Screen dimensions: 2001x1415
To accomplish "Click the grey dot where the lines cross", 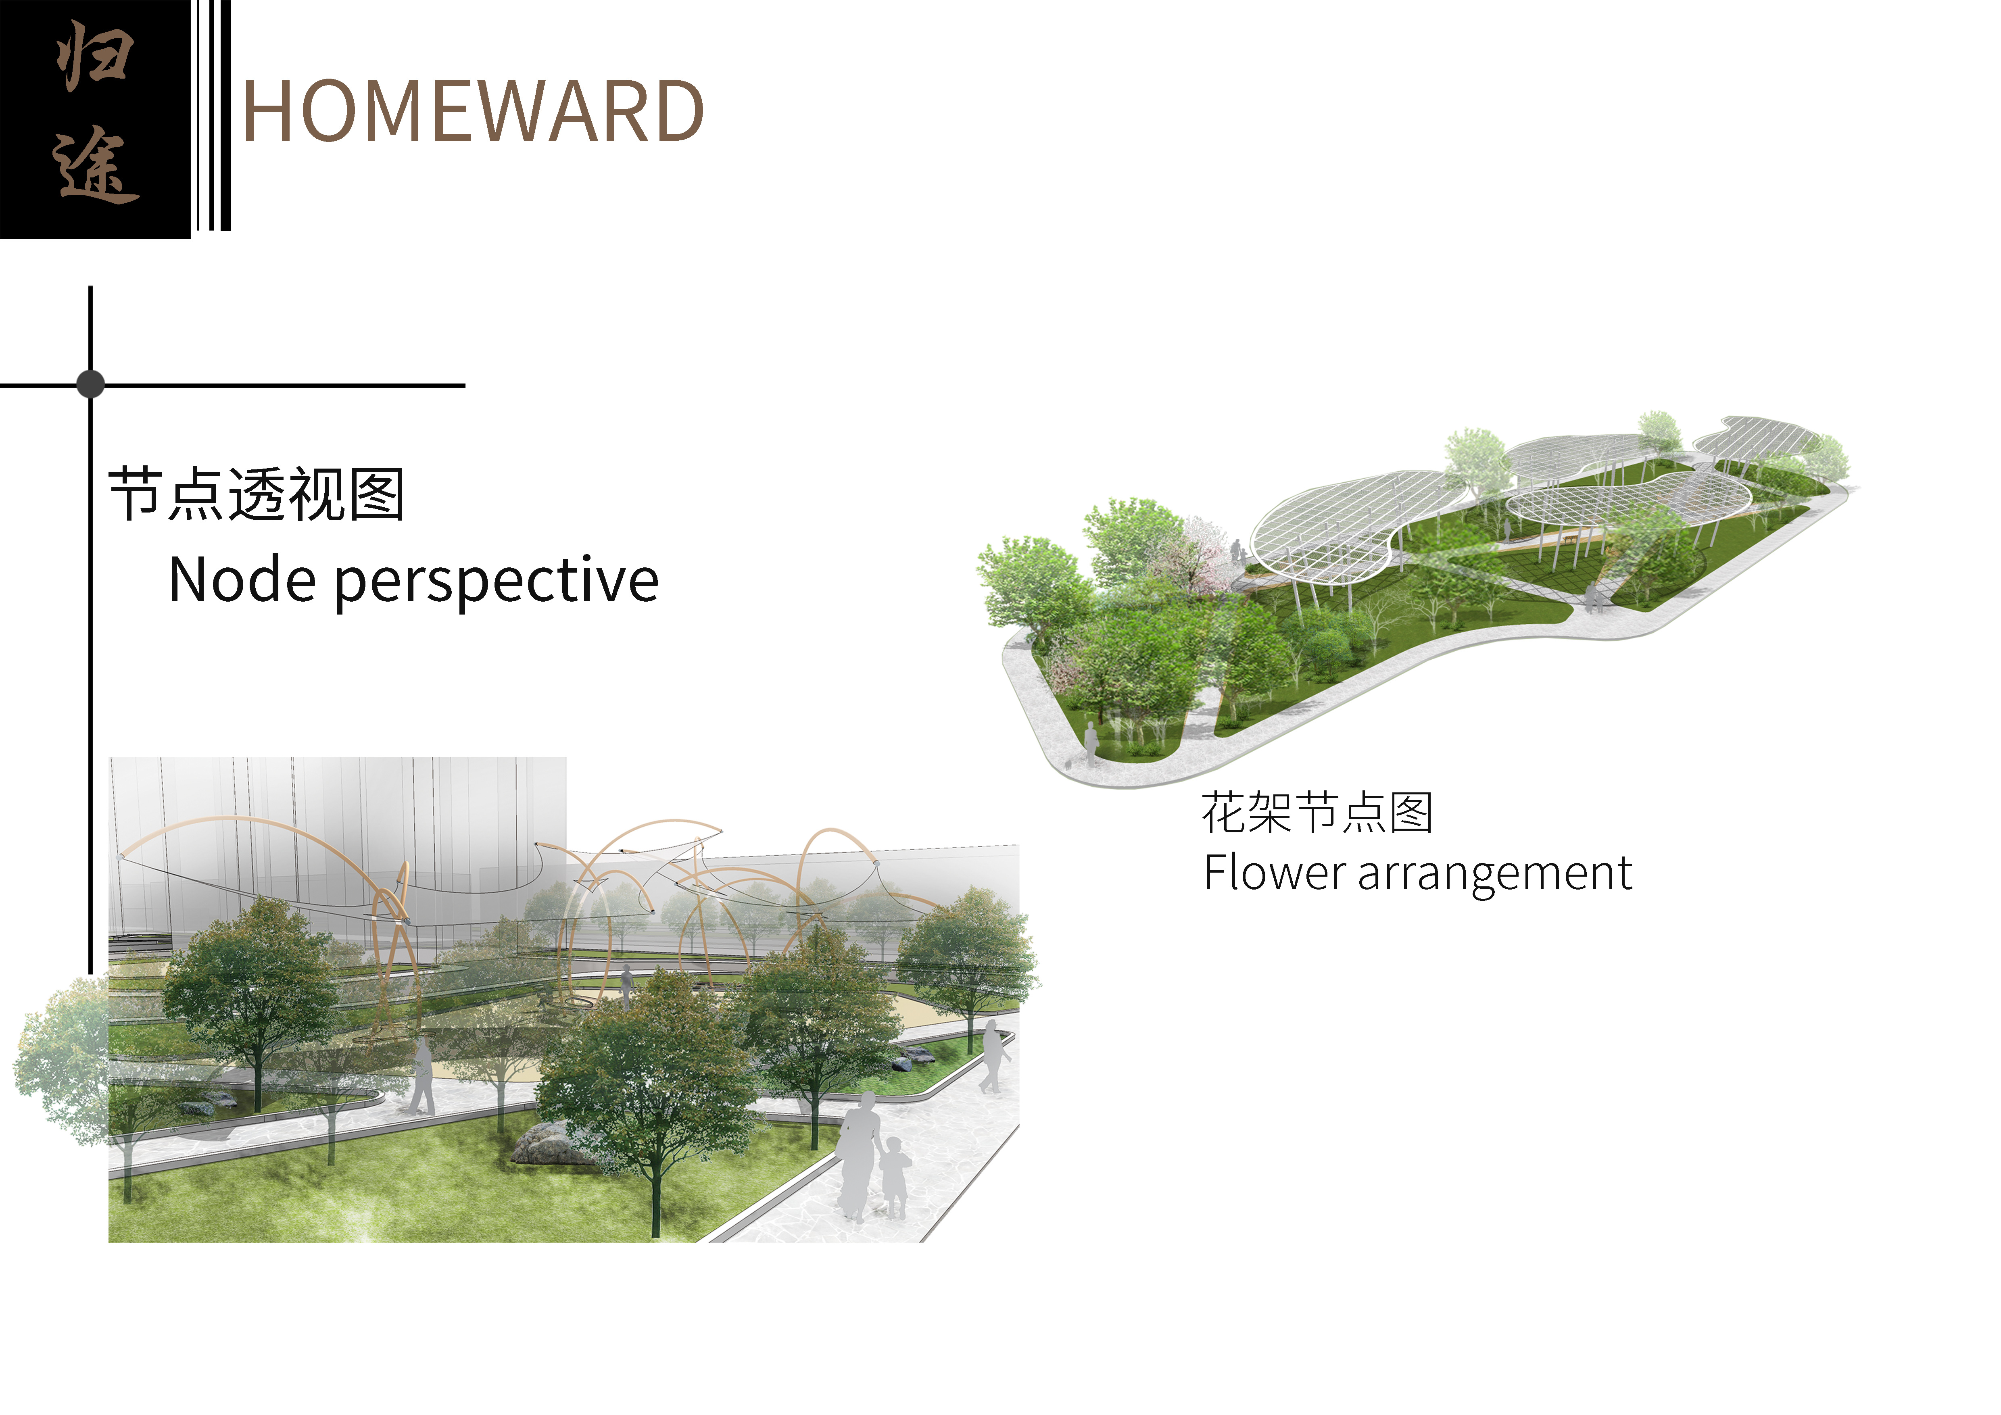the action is [x=91, y=383].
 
